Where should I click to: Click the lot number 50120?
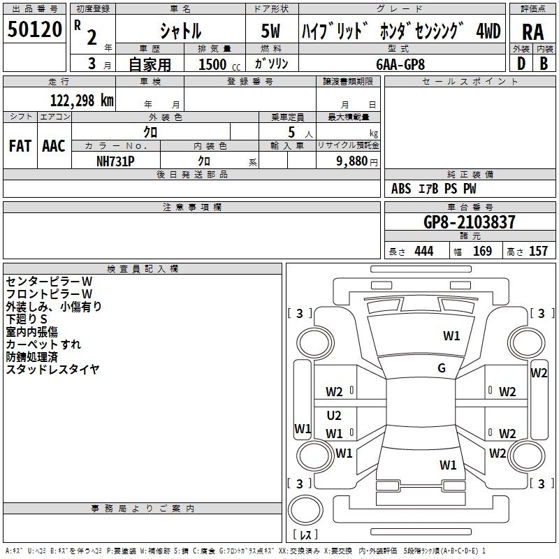[x=34, y=29]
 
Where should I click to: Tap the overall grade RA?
[x=532, y=32]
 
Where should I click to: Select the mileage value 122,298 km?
[x=82, y=101]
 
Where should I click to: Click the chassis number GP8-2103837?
[x=470, y=222]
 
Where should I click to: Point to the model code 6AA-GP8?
[x=400, y=64]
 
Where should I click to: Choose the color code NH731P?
[x=115, y=161]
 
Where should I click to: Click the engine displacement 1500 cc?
[x=219, y=64]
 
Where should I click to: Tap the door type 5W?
[x=270, y=31]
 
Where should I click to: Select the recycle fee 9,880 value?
[x=352, y=161]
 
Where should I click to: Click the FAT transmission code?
[x=20, y=146]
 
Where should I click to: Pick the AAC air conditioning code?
[x=54, y=146]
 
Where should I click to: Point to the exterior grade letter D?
[x=521, y=64]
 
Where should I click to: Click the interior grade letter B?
[x=544, y=64]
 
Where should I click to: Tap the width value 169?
[x=482, y=251]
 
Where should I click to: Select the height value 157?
[x=538, y=251]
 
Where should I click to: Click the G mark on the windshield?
[x=442, y=368]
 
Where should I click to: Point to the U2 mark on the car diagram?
[x=334, y=415]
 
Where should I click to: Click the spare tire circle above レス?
[x=305, y=510]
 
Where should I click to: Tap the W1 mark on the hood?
[x=451, y=336]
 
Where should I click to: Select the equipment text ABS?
[x=401, y=189]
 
